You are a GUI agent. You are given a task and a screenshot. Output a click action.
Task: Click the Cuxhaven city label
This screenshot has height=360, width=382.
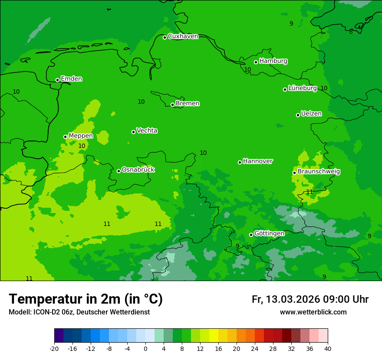pos(183,36)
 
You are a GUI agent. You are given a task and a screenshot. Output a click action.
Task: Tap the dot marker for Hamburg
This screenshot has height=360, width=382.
pos(256,62)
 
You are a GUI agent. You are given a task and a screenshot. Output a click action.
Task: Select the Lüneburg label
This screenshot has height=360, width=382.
pos(303,88)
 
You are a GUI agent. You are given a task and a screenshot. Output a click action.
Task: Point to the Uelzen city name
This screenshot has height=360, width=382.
pos(311,114)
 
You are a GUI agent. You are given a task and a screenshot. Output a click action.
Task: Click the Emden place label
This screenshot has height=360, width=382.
pos(71,79)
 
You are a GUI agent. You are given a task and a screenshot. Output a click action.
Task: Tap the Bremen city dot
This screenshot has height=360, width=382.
pos(172,105)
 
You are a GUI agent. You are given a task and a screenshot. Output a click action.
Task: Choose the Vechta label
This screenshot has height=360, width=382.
pos(147,131)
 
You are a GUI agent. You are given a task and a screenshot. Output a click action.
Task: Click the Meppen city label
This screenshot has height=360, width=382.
pos(81,136)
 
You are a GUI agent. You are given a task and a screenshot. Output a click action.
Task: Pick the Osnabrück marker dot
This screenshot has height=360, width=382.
pos(119,171)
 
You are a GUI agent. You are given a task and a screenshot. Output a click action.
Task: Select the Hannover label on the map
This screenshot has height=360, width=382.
pos(257,161)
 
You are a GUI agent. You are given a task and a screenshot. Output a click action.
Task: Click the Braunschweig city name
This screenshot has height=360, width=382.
pos(319,172)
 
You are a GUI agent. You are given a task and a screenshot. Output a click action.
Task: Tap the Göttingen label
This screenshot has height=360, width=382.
pos(269,233)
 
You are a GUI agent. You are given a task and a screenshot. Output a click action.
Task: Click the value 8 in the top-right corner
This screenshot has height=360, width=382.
pos(351,32)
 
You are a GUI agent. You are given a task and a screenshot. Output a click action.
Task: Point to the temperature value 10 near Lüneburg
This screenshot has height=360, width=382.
pos(324,88)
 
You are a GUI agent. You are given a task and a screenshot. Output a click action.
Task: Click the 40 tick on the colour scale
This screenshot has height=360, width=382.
pos(328,348)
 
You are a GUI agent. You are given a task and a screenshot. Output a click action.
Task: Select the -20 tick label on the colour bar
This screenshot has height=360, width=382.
pos(54,348)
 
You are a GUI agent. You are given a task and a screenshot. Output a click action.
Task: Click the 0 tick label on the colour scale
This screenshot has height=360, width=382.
pos(145,348)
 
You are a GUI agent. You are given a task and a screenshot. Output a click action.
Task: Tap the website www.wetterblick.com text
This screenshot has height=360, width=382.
pos(313,312)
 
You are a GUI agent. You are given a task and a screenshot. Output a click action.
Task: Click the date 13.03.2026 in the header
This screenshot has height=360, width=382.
pos(293,299)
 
